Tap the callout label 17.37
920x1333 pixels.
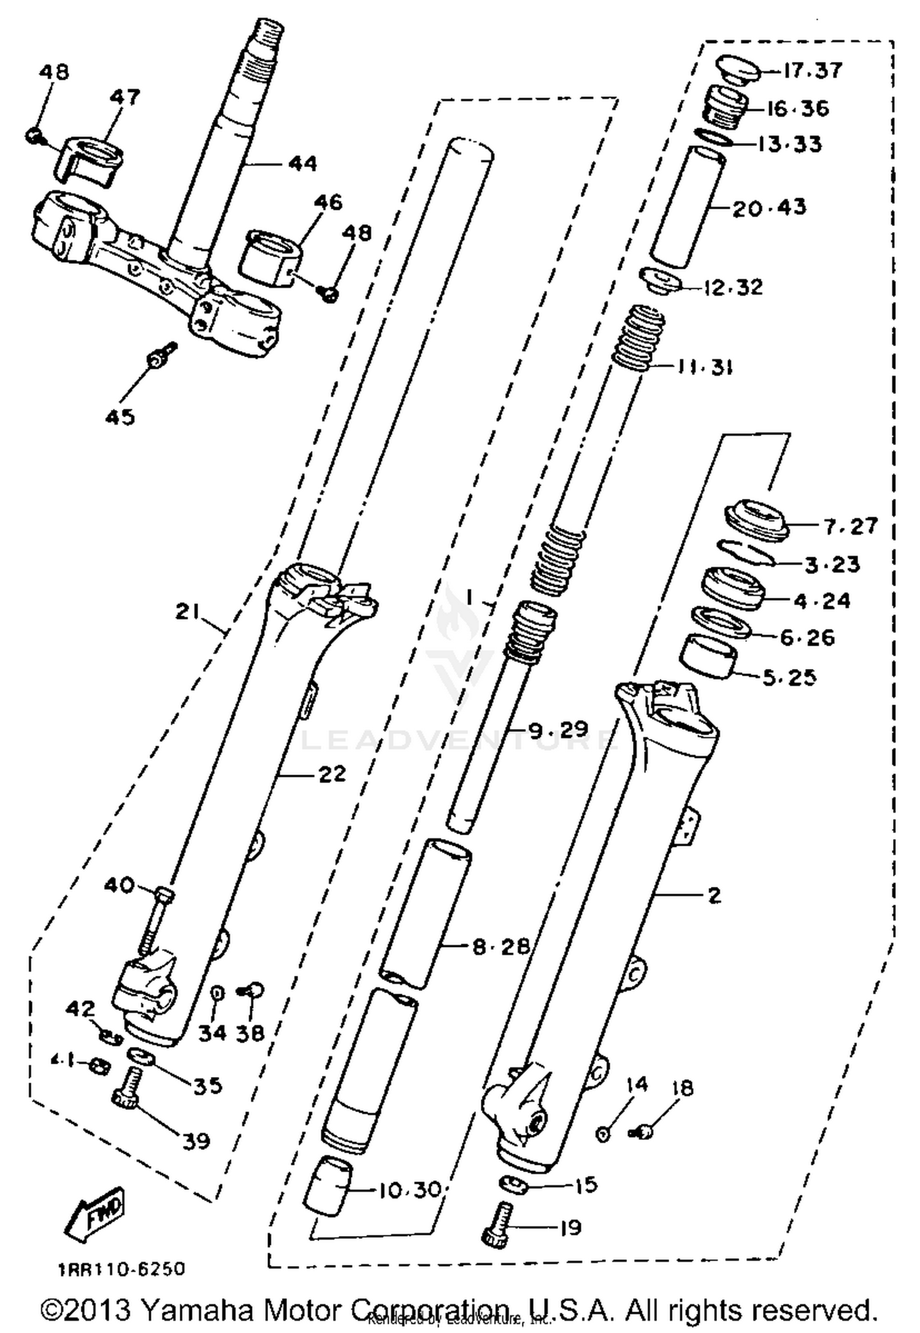(812, 71)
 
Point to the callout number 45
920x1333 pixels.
(120, 417)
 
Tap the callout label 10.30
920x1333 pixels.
(409, 1190)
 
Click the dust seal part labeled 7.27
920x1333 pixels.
(756, 520)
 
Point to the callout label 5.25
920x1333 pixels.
(789, 677)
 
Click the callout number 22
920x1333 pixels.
(332, 774)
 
